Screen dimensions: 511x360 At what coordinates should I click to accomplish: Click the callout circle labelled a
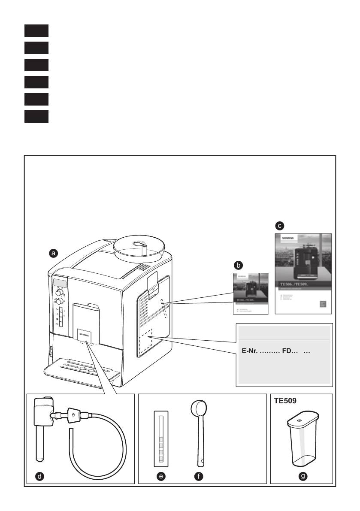click(x=53, y=254)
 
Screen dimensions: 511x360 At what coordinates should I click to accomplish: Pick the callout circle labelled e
click(x=161, y=476)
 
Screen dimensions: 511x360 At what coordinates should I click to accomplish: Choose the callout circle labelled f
click(x=198, y=476)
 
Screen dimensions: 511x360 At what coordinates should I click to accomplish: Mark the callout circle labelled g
click(x=303, y=476)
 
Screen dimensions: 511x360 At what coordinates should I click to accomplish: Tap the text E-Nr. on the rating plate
click(x=247, y=351)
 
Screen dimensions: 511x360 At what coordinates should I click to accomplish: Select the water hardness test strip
click(x=161, y=438)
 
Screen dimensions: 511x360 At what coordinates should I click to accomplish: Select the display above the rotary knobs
click(x=59, y=282)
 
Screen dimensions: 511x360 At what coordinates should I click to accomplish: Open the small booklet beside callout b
click(x=250, y=294)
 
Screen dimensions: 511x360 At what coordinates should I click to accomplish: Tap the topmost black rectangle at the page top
click(x=36, y=30)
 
